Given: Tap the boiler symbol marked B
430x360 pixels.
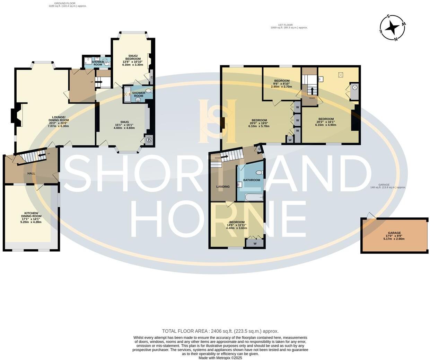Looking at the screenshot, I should pos(149,140).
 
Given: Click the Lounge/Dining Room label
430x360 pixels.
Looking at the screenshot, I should pos(58,121).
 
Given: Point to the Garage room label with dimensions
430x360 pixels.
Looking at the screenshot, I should pos(394,236).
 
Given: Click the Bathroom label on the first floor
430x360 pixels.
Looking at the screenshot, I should pos(252,180).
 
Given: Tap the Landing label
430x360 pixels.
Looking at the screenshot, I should pos(223,187).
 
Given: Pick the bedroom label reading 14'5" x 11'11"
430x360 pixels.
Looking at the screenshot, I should pos(237,225).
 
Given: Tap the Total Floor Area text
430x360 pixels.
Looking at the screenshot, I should pos(220,331).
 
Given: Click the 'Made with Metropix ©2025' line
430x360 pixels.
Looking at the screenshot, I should pos(220,358).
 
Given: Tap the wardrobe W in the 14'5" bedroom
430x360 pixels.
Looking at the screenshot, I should pos(255,244).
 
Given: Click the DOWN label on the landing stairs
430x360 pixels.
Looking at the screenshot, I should pos(218,158).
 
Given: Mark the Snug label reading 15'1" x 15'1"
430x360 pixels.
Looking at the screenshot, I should pos(124,125).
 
